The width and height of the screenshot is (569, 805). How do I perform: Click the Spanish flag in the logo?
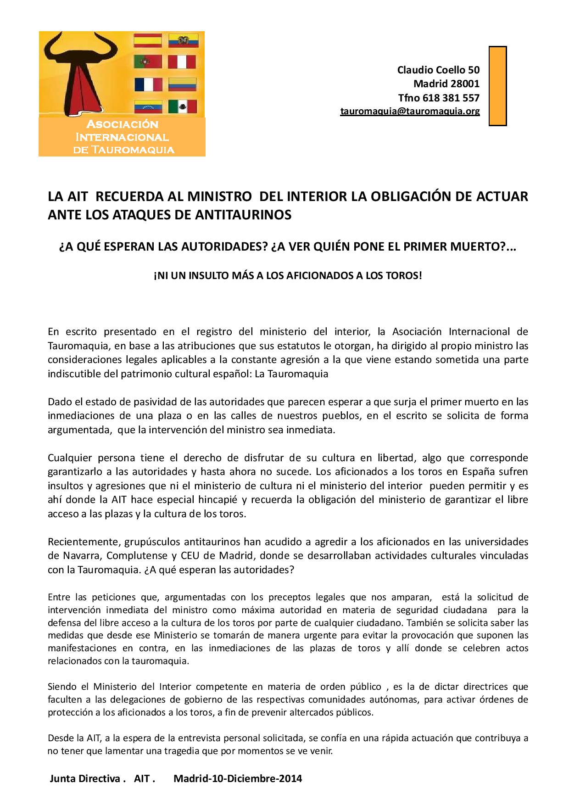(x=147, y=40)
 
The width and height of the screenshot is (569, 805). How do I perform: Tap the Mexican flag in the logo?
(x=182, y=107)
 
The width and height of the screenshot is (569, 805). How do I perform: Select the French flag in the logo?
(x=148, y=84)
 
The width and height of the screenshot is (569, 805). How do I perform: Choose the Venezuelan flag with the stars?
(x=147, y=107)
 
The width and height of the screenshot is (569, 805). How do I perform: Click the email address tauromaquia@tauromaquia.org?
(x=410, y=111)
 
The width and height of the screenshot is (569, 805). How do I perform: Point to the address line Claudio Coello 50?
(x=438, y=70)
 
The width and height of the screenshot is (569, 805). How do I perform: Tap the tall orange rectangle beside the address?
(x=497, y=86)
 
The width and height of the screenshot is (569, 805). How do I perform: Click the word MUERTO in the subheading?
(x=473, y=247)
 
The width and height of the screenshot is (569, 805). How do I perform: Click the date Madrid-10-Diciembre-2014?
(x=238, y=779)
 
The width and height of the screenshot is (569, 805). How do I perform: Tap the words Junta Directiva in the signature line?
(x=86, y=779)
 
